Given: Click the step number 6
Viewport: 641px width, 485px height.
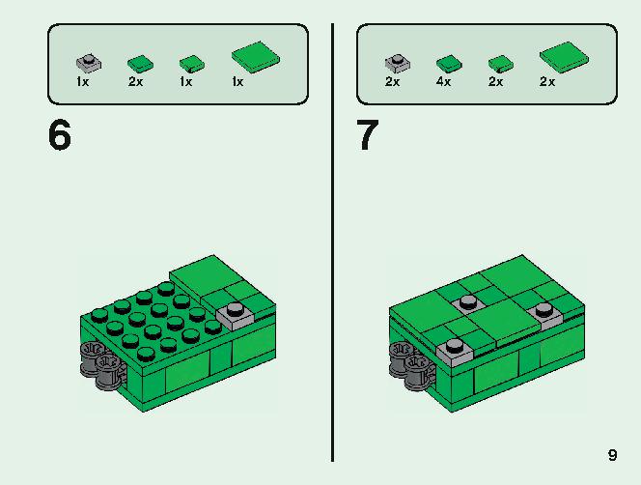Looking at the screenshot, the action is click(x=60, y=134).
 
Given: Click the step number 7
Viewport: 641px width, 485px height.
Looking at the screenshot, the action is click(x=368, y=134).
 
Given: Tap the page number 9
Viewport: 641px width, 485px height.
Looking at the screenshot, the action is click(x=612, y=455).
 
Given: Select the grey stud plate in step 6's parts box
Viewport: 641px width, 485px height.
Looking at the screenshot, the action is click(x=89, y=62).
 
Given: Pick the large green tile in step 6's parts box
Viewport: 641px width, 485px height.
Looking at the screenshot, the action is click(x=256, y=57).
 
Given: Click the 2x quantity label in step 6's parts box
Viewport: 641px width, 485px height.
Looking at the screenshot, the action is click(x=135, y=82).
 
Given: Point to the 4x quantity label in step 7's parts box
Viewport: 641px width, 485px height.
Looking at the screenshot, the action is click(x=443, y=82).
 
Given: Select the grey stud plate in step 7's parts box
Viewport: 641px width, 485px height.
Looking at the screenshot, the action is click(x=398, y=62).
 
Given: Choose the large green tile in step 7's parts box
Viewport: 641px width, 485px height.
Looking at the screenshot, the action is click(x=564, y=57).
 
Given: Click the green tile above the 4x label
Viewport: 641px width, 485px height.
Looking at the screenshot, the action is click(x=449, y=63).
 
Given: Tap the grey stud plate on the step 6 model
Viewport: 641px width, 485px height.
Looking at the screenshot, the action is click(x=235, y=316).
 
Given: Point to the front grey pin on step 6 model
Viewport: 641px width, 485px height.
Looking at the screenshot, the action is click(x=109, y=371).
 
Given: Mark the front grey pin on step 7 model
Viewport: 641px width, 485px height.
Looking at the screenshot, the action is click(x=418, y=371).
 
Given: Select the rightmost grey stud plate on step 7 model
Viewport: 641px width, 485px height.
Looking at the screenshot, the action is click(x=543, y=313).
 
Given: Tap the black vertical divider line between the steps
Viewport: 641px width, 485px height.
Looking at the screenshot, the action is click(x=333, y=242).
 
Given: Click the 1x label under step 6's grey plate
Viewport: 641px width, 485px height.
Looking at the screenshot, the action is click(x=82, y=82).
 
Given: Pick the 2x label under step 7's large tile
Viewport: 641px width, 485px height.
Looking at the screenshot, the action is click(x=547, y=82).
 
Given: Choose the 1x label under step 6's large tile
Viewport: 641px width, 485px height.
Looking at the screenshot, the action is click(x=237, y=82).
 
